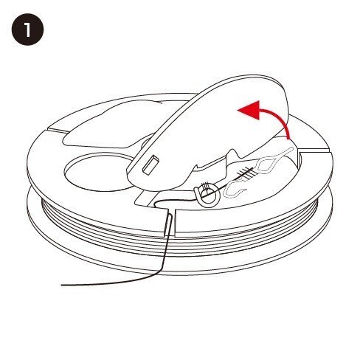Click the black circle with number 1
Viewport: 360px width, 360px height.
[27, 30]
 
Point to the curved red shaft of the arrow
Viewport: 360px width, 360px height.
[278, 122]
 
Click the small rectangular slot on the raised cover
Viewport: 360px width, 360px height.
[151, 165]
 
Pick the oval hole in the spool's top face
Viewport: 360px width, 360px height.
[98, 172]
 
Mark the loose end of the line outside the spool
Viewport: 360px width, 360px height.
[62, 285]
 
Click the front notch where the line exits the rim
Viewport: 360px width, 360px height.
[170, 223]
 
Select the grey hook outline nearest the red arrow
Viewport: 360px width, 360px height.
[275, 160]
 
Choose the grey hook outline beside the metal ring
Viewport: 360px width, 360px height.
[233, 189]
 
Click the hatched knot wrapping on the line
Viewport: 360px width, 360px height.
[246, 172]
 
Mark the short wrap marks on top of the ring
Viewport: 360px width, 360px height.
[206, 185]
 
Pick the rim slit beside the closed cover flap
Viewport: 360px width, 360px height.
[56, 129]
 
